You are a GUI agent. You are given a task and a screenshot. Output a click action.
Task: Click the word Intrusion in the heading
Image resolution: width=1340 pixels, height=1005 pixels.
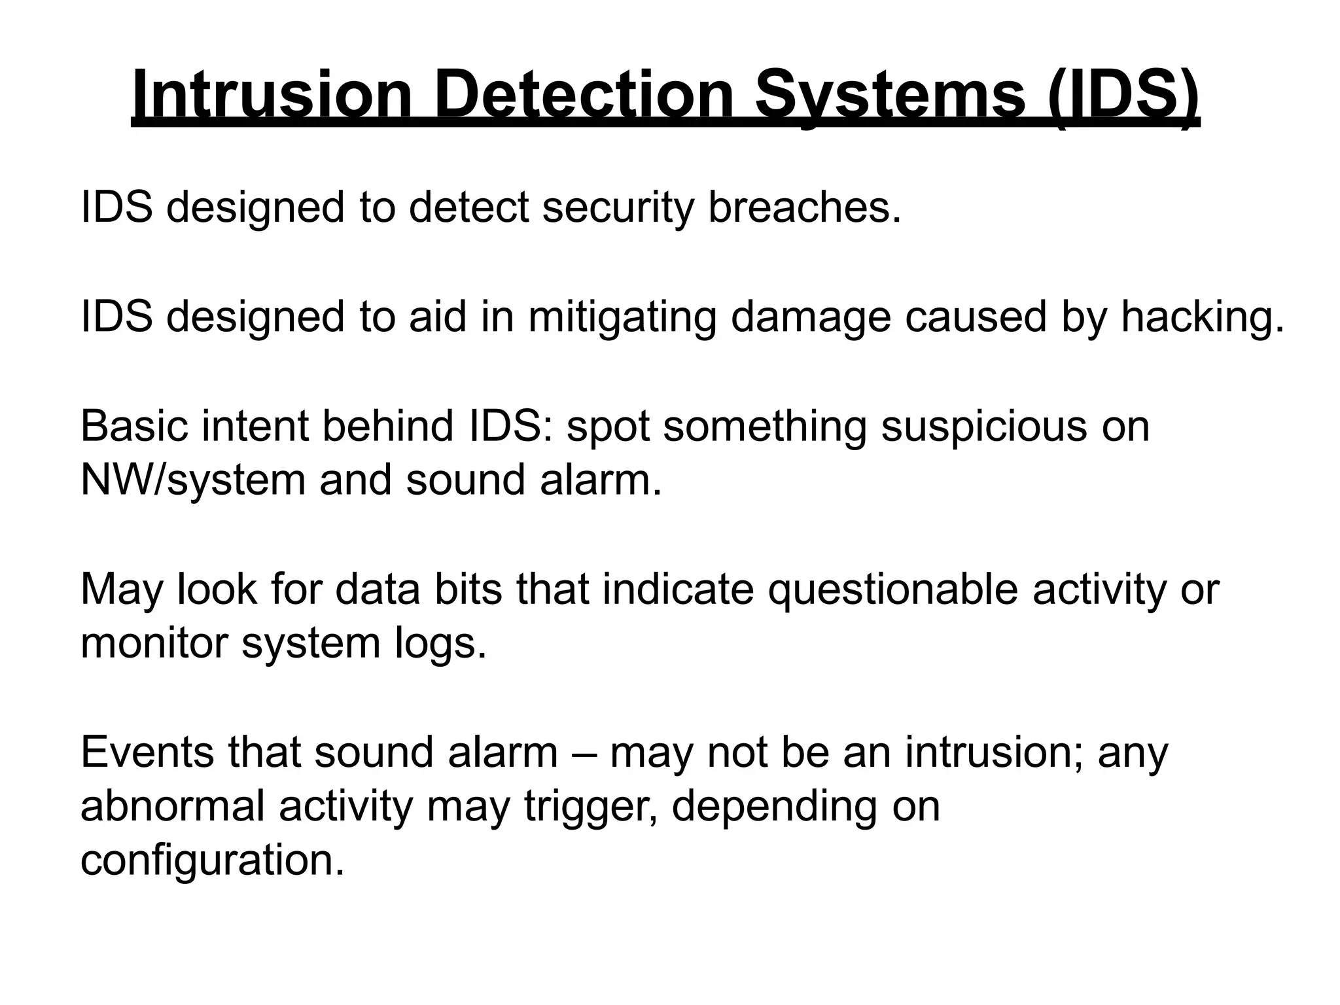coord(272,96)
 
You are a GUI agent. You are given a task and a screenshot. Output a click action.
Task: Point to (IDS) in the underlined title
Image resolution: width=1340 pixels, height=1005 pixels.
coord(1123,96)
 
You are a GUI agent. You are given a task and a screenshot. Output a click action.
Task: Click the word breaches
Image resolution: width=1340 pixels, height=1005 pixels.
coord(805,207)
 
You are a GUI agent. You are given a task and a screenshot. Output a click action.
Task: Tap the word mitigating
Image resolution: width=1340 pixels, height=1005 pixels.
coord(622,317)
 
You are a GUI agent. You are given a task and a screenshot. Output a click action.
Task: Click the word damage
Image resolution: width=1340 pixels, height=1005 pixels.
coord(811,317)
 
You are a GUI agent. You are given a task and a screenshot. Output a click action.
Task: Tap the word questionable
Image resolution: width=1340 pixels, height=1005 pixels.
coord(893,589)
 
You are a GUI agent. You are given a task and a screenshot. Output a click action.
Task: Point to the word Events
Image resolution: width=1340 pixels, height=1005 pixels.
coord(147,752)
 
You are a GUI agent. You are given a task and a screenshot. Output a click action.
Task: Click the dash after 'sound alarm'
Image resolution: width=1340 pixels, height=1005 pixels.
coord(584,752)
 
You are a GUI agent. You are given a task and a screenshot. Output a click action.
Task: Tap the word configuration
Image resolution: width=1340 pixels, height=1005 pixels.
coord(212,860)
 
